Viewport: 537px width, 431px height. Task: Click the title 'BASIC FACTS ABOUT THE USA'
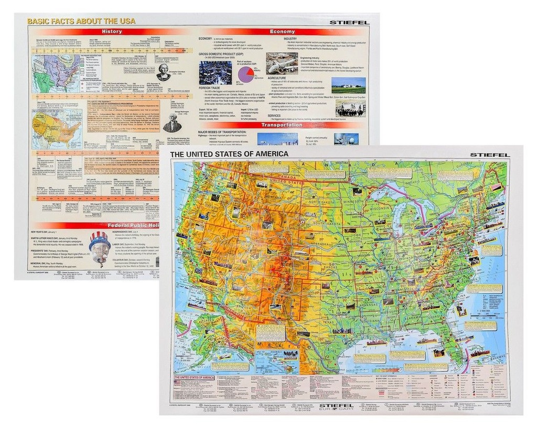coord(81,21)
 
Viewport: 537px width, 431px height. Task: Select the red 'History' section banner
coord(112,31)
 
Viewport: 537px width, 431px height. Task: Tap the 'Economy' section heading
coord(283,31)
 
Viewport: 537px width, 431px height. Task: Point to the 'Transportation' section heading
coord(283,125)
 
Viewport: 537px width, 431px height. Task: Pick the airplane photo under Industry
coord(282,63)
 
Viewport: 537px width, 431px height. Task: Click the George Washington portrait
coord(171,122)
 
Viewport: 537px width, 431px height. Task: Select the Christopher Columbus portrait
coord(163,72)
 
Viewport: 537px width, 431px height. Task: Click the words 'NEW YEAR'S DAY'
coord(45,232)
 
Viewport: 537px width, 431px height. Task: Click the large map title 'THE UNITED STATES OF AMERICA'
coord(229,154)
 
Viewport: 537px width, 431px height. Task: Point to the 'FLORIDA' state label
coord(455,344)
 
